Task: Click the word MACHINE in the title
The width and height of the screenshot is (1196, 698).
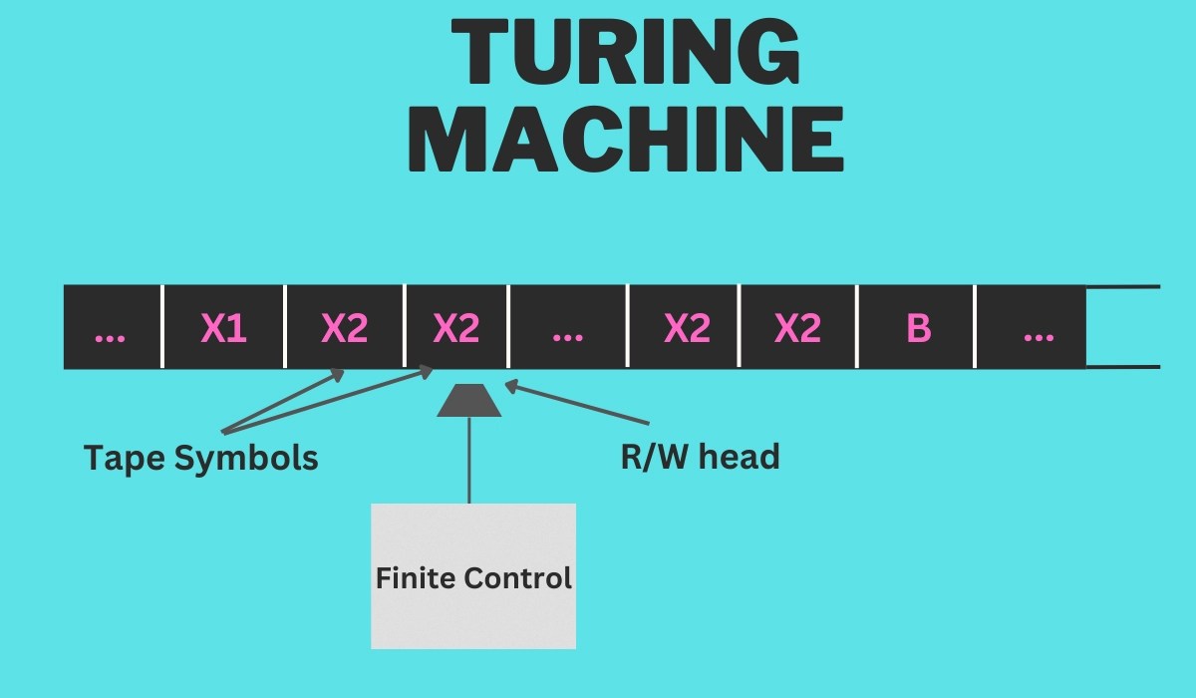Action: [x=625, y=142]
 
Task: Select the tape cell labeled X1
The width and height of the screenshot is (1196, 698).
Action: [x=223, y=328]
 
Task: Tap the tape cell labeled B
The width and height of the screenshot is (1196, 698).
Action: [x=915, y=328]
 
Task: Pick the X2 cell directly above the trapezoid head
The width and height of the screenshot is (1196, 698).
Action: [x=456, y=328]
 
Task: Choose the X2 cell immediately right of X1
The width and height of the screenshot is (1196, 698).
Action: [x=345, y=328]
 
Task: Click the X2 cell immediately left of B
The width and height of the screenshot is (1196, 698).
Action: [x=797, y=328]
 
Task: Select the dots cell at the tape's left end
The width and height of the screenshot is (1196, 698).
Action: [x=111, y=328]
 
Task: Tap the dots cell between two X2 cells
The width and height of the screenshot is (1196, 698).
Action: [x=567, y=328]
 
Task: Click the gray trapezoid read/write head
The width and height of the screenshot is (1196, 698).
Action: [x=468, y=400]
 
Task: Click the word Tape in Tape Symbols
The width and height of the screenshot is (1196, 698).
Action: [x=125, y=458]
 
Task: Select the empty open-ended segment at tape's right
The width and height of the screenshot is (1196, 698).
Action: [x=1123, y=328]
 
